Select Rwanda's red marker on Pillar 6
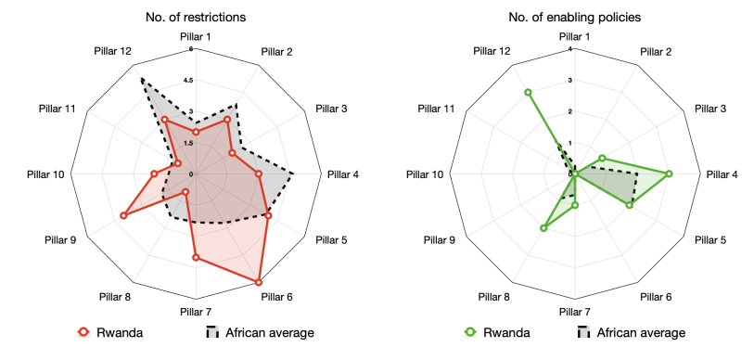pos(258,282)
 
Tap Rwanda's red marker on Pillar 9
pos(122,216)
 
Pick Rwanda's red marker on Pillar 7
pos(196,257)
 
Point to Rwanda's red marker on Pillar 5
pos(268,215)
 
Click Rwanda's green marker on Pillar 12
pos(528,92)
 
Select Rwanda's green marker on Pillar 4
pos(669,174)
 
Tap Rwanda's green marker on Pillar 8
pos(543,228)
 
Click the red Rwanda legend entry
pos(109,332)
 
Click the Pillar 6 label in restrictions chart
pos(277,297)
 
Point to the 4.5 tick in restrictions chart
pos(187,81)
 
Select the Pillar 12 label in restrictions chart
pos(113,50)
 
